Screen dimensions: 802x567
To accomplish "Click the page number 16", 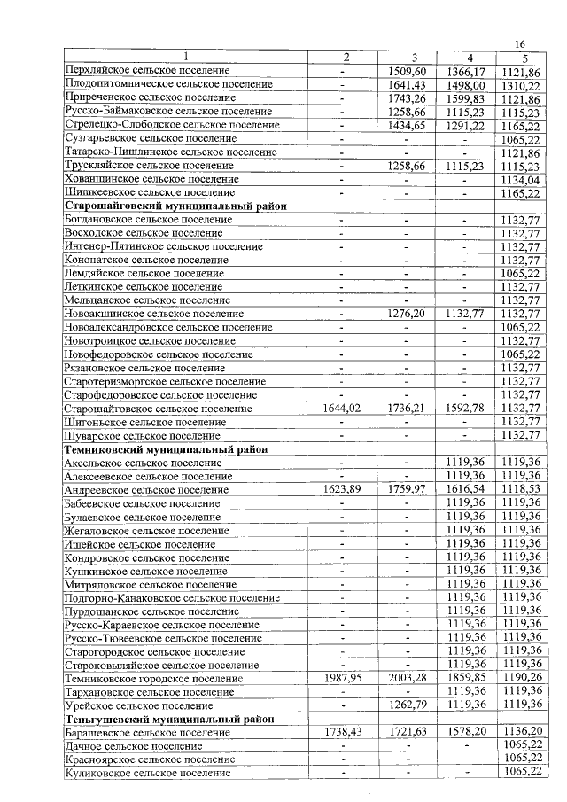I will click(520, 45).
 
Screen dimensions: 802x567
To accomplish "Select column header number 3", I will click(408, 58).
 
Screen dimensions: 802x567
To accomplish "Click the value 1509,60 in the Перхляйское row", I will click(408, 71).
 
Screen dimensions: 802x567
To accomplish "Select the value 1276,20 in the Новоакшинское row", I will click(408, 314).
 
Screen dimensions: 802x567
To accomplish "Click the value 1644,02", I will click(346, 409).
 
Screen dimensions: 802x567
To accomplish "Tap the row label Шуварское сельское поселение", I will click(143, 436).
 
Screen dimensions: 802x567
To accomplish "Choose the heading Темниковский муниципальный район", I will click(167, 449).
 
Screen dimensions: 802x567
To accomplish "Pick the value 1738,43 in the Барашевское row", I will click(346, 733).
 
